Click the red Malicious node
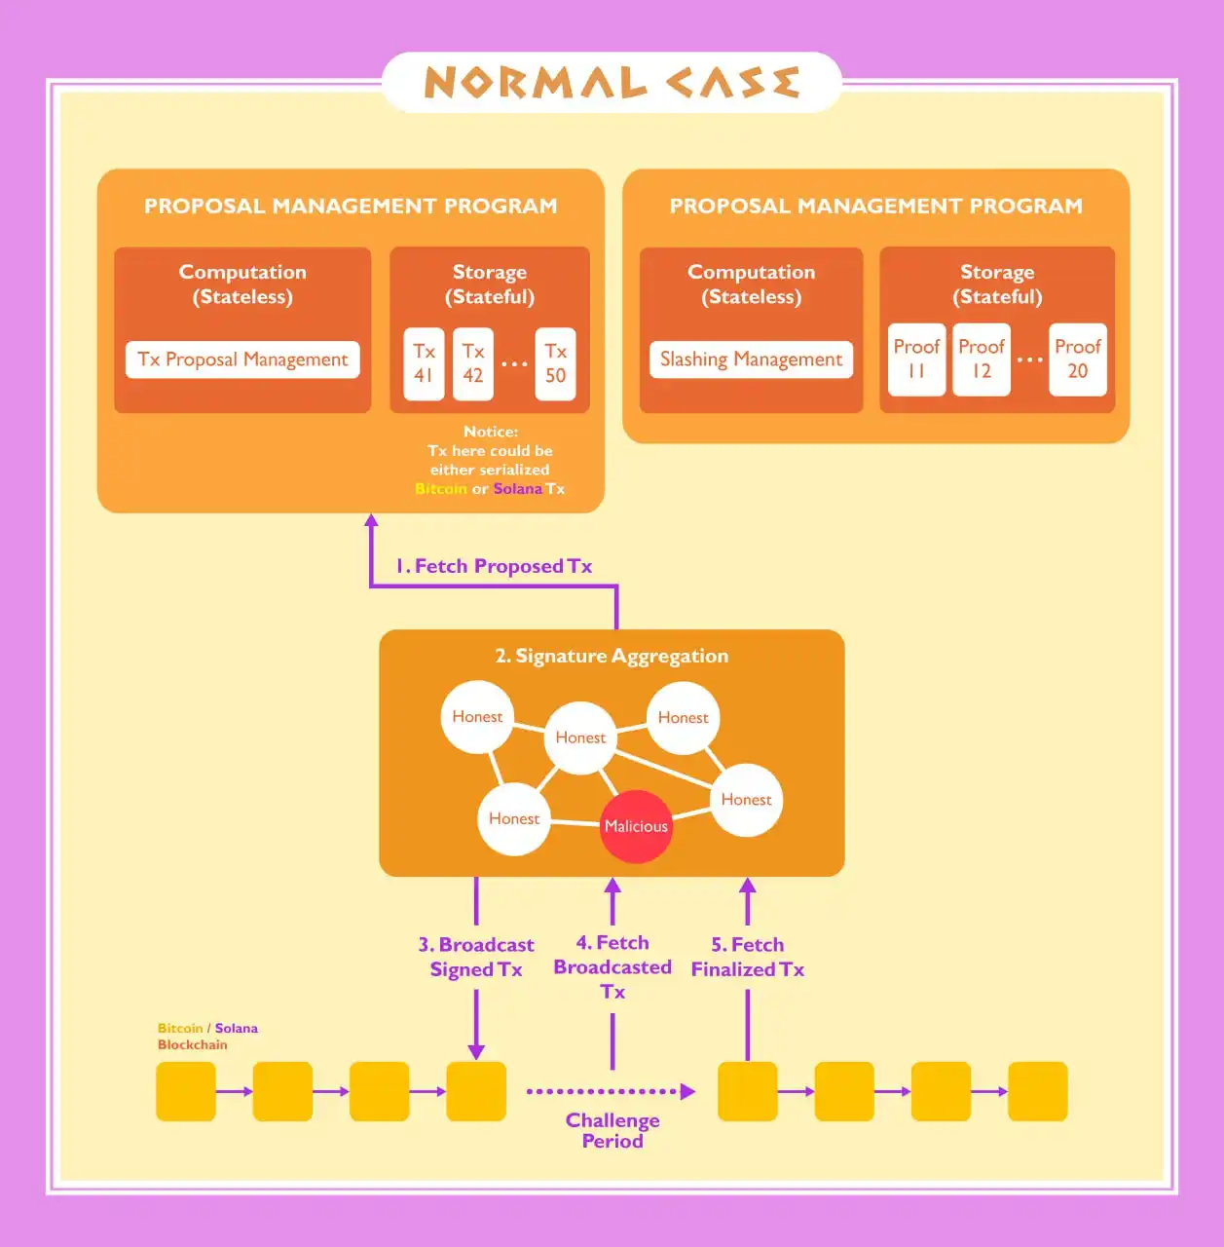click(x=636, y=826)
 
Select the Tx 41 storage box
click(x=424, y=363)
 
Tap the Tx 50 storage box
click(x=555, y=363)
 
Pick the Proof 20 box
click(x=1077, y=359)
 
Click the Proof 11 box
click(x=916, y=359)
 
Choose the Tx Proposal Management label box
click(x=242, y=359)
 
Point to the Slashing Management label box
click(x=751, y=359)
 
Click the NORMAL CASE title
click(x=612, y=83)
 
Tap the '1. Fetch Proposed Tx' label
click(x=494, y=566)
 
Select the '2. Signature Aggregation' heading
click(x=612, y=656)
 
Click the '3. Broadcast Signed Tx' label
click(x=476, y=957)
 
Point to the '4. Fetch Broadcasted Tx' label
click(x=612, y=966)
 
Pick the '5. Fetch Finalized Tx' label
click(x=747, y=957)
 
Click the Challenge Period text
click(x=612, y=1130)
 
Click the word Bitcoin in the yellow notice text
click(x=440, y=489)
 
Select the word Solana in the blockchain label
click(x=236, y=1028)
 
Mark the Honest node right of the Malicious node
click(x=746, y=800)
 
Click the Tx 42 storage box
click(x=473, y=363)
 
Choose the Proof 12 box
click(x=981, y=359)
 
